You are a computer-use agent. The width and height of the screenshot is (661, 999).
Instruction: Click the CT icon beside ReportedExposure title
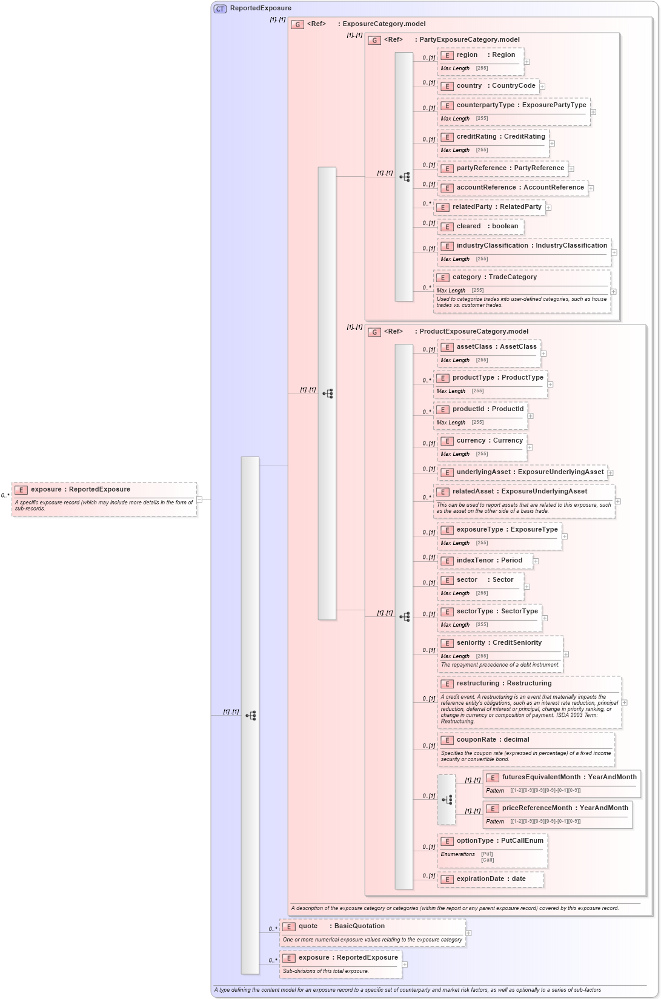point(220,8)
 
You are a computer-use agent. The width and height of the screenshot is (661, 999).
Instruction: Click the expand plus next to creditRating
point(552,143)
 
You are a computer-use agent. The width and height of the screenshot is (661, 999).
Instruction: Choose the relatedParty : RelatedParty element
point(496,207)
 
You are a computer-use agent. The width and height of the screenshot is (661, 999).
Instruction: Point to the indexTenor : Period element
point(489,561)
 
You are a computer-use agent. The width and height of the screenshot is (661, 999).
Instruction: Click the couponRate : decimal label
point(493,740)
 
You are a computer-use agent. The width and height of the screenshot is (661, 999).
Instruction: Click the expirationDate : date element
point(491,879)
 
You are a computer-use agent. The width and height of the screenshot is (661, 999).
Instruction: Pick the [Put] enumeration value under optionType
point(487,854)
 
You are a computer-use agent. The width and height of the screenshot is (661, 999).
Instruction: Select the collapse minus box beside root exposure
point(199,499)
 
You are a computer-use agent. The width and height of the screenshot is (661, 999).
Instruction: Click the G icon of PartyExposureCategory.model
point(374,40)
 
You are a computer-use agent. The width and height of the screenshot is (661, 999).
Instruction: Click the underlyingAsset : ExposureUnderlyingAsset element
point(530,472)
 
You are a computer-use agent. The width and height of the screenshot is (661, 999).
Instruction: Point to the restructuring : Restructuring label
point(503,684)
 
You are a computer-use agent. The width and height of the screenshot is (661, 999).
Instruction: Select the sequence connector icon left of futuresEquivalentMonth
point(447,800)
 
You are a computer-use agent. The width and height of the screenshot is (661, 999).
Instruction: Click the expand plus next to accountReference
point(591,188)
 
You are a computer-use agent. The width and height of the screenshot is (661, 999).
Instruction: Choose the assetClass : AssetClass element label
point(496,347)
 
